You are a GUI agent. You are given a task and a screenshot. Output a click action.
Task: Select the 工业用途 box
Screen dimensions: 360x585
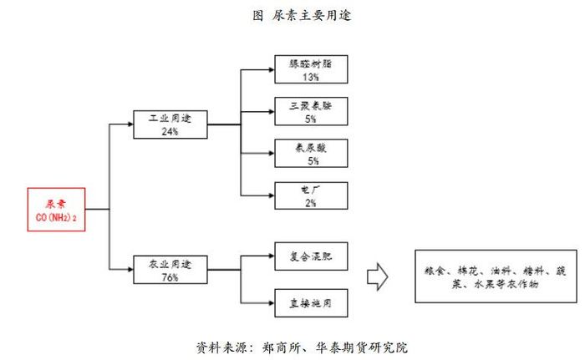click(170, 124)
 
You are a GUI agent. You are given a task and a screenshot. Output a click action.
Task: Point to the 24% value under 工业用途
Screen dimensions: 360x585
click(170, 132)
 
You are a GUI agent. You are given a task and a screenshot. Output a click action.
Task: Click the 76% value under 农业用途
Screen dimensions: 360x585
click(170, 276)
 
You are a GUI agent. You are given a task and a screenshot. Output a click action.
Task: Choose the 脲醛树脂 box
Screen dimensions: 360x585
click(311, 68)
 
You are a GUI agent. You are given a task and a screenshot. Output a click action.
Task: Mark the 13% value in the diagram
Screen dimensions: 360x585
click(311, 77)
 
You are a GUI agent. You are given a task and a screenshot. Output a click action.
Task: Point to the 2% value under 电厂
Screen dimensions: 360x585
click(311, 203)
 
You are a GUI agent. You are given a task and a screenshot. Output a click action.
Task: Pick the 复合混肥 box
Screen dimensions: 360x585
click(311, 253)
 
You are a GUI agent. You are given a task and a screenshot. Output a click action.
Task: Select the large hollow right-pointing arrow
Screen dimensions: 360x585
click(379, 276)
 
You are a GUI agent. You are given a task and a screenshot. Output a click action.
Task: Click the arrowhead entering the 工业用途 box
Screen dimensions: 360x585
click(130, 124)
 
